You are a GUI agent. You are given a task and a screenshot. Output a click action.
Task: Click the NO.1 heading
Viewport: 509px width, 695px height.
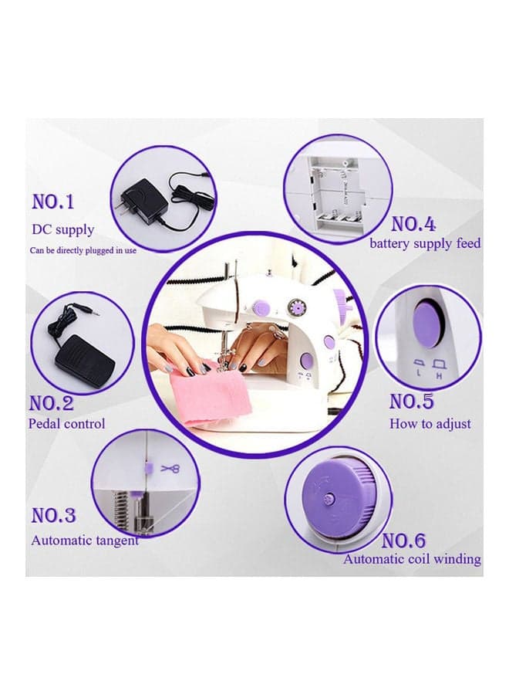(x=53, y=202)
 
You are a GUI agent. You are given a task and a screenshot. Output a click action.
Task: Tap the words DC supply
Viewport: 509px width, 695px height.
(x=62, y=229)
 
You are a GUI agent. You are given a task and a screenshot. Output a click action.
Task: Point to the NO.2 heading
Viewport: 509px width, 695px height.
(x=52, y=403)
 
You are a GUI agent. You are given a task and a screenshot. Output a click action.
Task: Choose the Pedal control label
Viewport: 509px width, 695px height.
(x=67, y=424)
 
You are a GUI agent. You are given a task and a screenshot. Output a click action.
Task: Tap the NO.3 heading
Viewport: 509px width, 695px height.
(x=53, y=516)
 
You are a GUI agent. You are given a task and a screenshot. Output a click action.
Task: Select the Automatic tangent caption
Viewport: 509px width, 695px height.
(x=85, y=541)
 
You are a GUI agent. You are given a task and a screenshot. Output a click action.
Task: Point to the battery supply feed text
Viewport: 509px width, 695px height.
(x=425, y=244)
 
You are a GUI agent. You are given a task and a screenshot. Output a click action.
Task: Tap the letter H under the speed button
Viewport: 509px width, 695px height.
(x=440, y=376)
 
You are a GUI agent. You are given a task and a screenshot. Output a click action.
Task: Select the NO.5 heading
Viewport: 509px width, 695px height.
(x=412, y=401)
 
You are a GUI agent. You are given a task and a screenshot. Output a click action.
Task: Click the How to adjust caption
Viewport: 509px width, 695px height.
(x=430, y=424)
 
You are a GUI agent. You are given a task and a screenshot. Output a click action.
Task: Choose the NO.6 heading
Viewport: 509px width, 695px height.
(x=403, y=541)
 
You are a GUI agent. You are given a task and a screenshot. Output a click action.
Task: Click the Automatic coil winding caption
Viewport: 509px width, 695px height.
(x=412, y=559)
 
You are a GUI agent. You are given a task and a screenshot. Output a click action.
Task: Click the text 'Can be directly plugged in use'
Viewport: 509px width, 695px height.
(x=83, y=250)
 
